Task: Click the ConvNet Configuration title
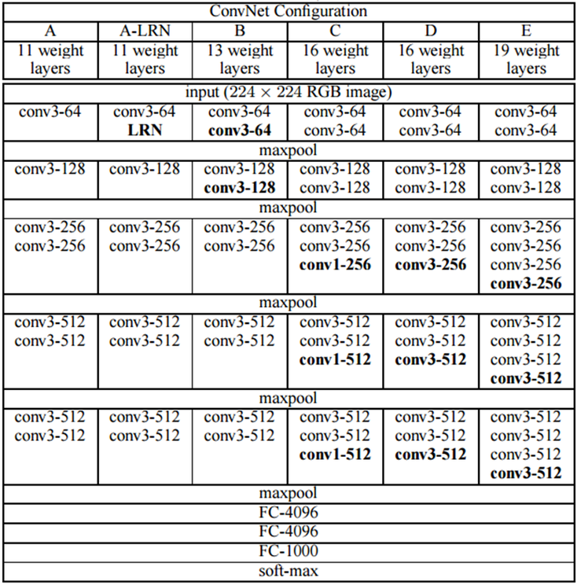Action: (288, 12)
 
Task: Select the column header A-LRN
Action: (145, 31)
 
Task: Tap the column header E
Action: (526, 31)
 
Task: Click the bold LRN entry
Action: (145, 131)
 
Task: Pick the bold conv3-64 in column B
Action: (240, 131)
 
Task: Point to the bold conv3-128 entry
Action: (240, 187)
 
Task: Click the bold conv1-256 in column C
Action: (335, 265)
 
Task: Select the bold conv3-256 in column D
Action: (430, 265)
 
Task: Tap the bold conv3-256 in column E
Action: (526, 284)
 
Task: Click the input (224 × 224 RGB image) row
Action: (288, 92)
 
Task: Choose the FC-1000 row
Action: (288, 551)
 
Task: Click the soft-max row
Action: (288, 571)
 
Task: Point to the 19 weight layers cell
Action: (526, 60)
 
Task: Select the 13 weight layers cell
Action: (240, 60)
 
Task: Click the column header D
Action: (430, 31)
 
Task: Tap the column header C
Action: (335, 31)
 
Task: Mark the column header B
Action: (240, 31)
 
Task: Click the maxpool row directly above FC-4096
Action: (288, 494)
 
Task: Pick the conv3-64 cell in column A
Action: (50, 112)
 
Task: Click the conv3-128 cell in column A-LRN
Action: (145, 168)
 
